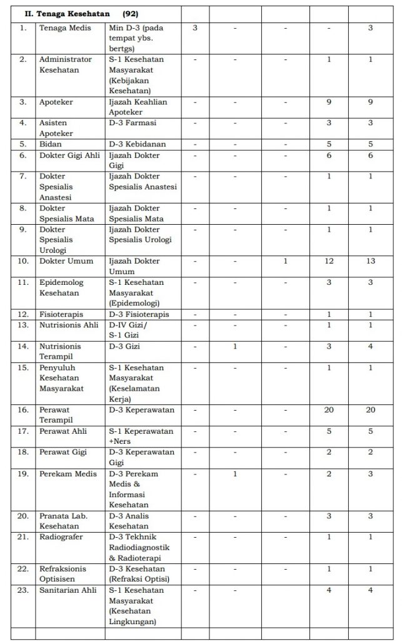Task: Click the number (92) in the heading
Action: [x=130, y=13]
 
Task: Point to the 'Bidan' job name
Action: [x=49, y=144]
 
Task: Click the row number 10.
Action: [x=23, y=260]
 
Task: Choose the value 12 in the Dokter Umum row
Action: [x=329, y=260]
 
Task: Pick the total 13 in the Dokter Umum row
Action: [x=370, y=260]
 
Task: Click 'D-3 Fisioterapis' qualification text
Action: [x=139, y=314]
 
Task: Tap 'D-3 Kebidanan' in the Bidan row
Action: [x=137, y=144]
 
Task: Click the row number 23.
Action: [x=23, y=591]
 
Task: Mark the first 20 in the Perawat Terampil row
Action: [x=329, y=410]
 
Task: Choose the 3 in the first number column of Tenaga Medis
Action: [x=194, y=28]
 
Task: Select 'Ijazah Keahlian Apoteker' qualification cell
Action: [x=138, y=106]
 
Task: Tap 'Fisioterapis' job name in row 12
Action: [x=61, y=314]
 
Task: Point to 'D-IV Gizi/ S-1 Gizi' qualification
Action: [x=131, y=329]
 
